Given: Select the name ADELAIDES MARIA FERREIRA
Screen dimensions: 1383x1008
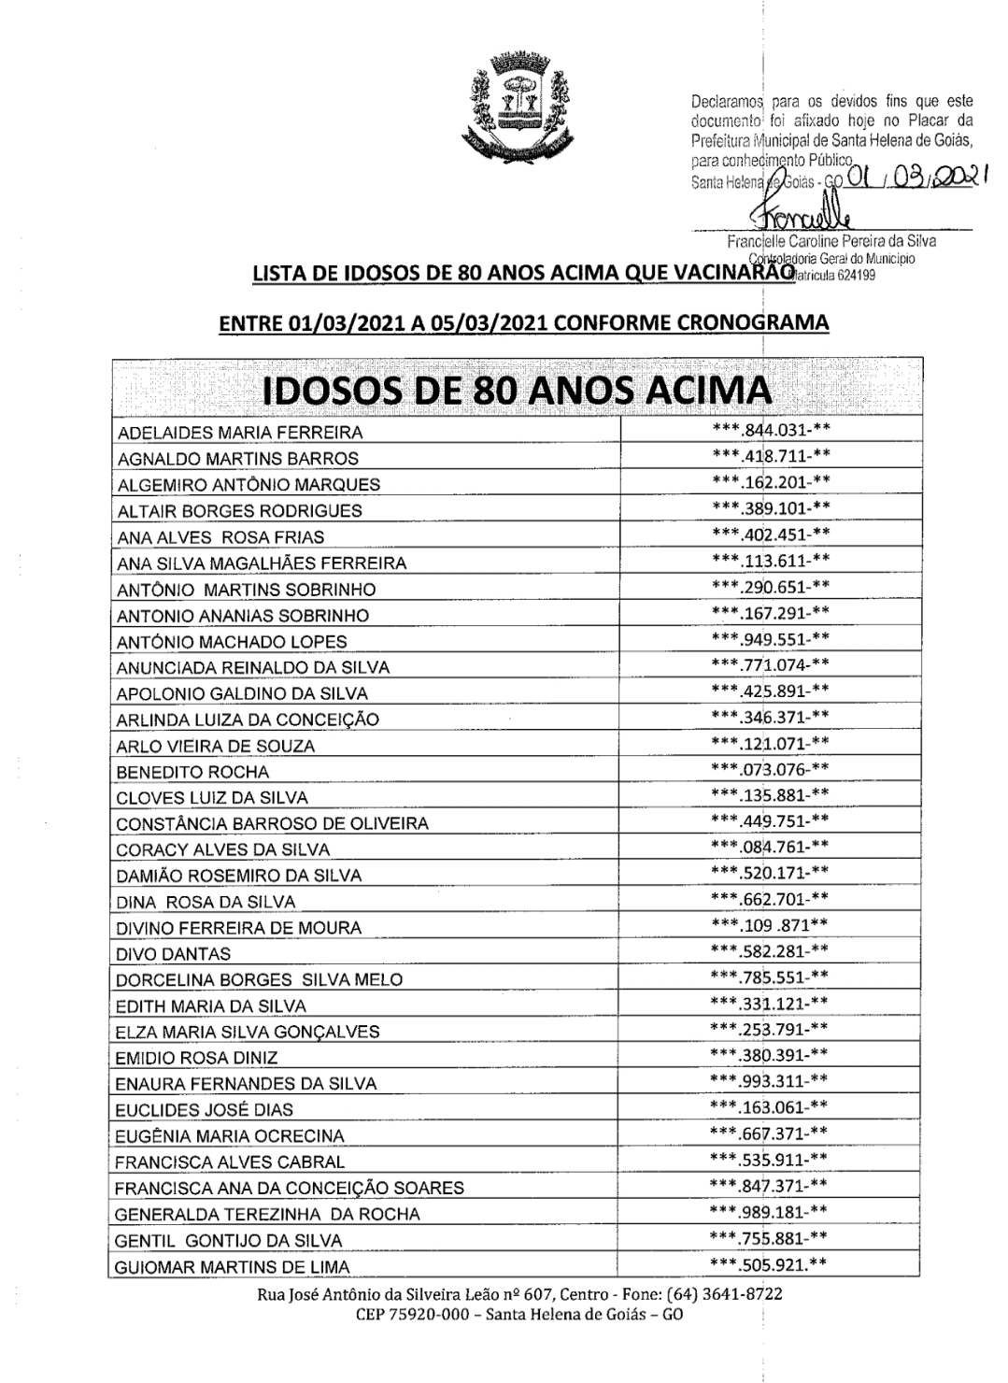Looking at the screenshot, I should [x=240, y=433].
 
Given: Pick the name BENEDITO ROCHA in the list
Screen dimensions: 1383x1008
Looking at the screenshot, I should [x=192, y=772].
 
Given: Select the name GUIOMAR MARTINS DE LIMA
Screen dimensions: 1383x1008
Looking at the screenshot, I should [x=233, y=1267].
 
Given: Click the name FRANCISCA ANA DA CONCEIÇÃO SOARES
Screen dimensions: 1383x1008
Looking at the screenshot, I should [x=290, y=1189].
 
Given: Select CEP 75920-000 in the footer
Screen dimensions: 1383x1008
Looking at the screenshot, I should [x=405, y=1313].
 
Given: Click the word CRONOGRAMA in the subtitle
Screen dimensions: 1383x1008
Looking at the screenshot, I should [x=752, y=322].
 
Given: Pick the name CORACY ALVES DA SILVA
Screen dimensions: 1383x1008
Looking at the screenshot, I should [x=222, y=849].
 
